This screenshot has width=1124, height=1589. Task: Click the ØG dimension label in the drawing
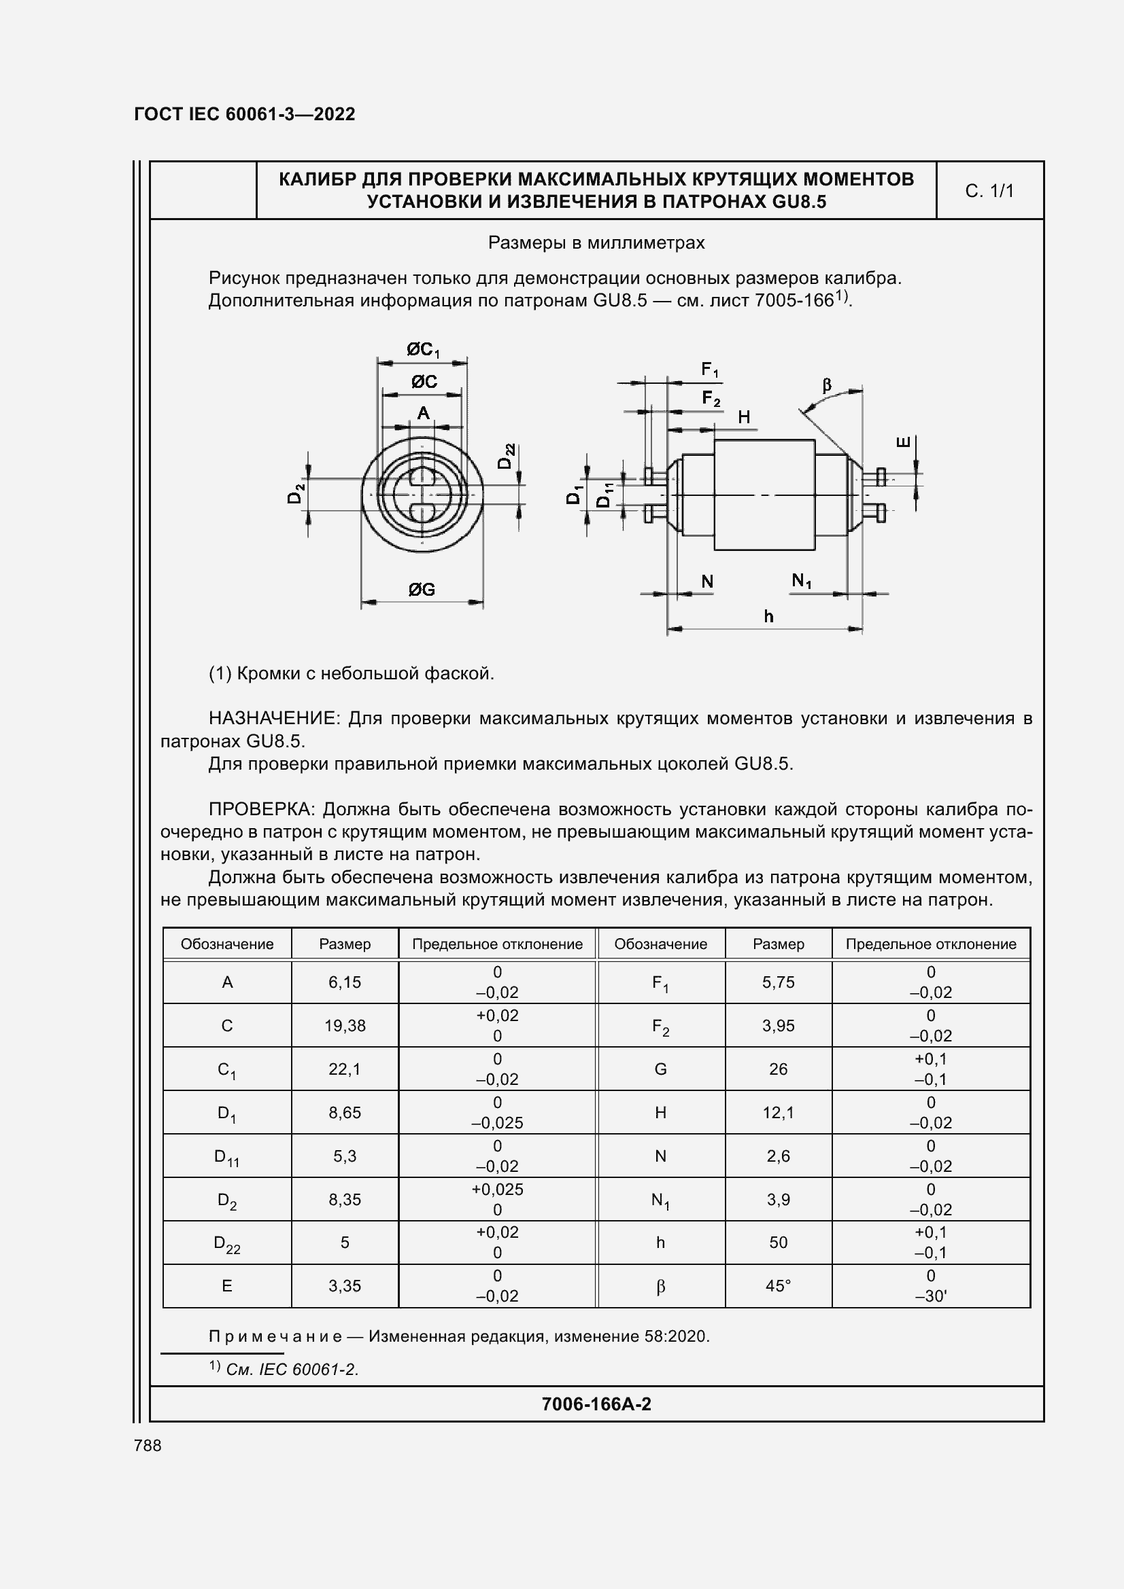point(421,590)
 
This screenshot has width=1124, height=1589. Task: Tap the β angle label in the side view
point(826,385)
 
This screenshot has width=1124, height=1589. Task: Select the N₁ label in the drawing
point(801,582)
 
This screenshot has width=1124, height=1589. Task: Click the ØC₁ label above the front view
point(422,350)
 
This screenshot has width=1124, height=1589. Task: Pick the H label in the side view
point(744,416)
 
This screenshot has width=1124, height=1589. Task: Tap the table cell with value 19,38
point(345,1026)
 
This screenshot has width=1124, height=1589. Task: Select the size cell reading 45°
point(778,1286)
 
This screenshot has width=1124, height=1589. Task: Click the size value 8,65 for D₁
point(345,1113)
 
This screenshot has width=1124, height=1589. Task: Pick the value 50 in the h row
point(778,1243)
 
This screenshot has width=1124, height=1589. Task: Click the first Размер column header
point(345,944)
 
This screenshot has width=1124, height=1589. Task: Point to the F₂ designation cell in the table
point(660,1026)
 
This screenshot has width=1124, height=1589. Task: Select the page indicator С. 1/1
point(989,191)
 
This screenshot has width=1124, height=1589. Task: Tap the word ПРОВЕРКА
point(261,809)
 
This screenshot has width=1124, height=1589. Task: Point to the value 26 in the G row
point(778,1069)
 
